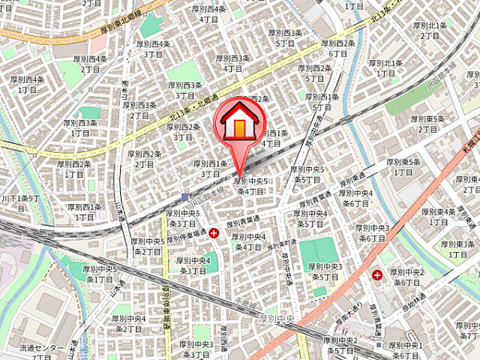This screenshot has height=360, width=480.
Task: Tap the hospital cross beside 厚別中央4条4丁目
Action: click(x=214, y=233)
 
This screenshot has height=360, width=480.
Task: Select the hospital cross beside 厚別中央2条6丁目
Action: click(x=376, y=275)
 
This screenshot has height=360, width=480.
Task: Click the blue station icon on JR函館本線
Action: click(x=185, y=197)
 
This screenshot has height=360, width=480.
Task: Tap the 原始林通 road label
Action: click(x=413, y=299)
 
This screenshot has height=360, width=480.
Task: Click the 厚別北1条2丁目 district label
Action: click(x=430, y=30)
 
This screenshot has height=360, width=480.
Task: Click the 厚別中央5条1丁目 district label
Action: click(x=100, y=274)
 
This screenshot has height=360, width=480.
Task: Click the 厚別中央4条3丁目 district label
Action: click(x=192, y=265)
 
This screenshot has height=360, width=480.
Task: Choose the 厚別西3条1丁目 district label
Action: click(x=80, y=127)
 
